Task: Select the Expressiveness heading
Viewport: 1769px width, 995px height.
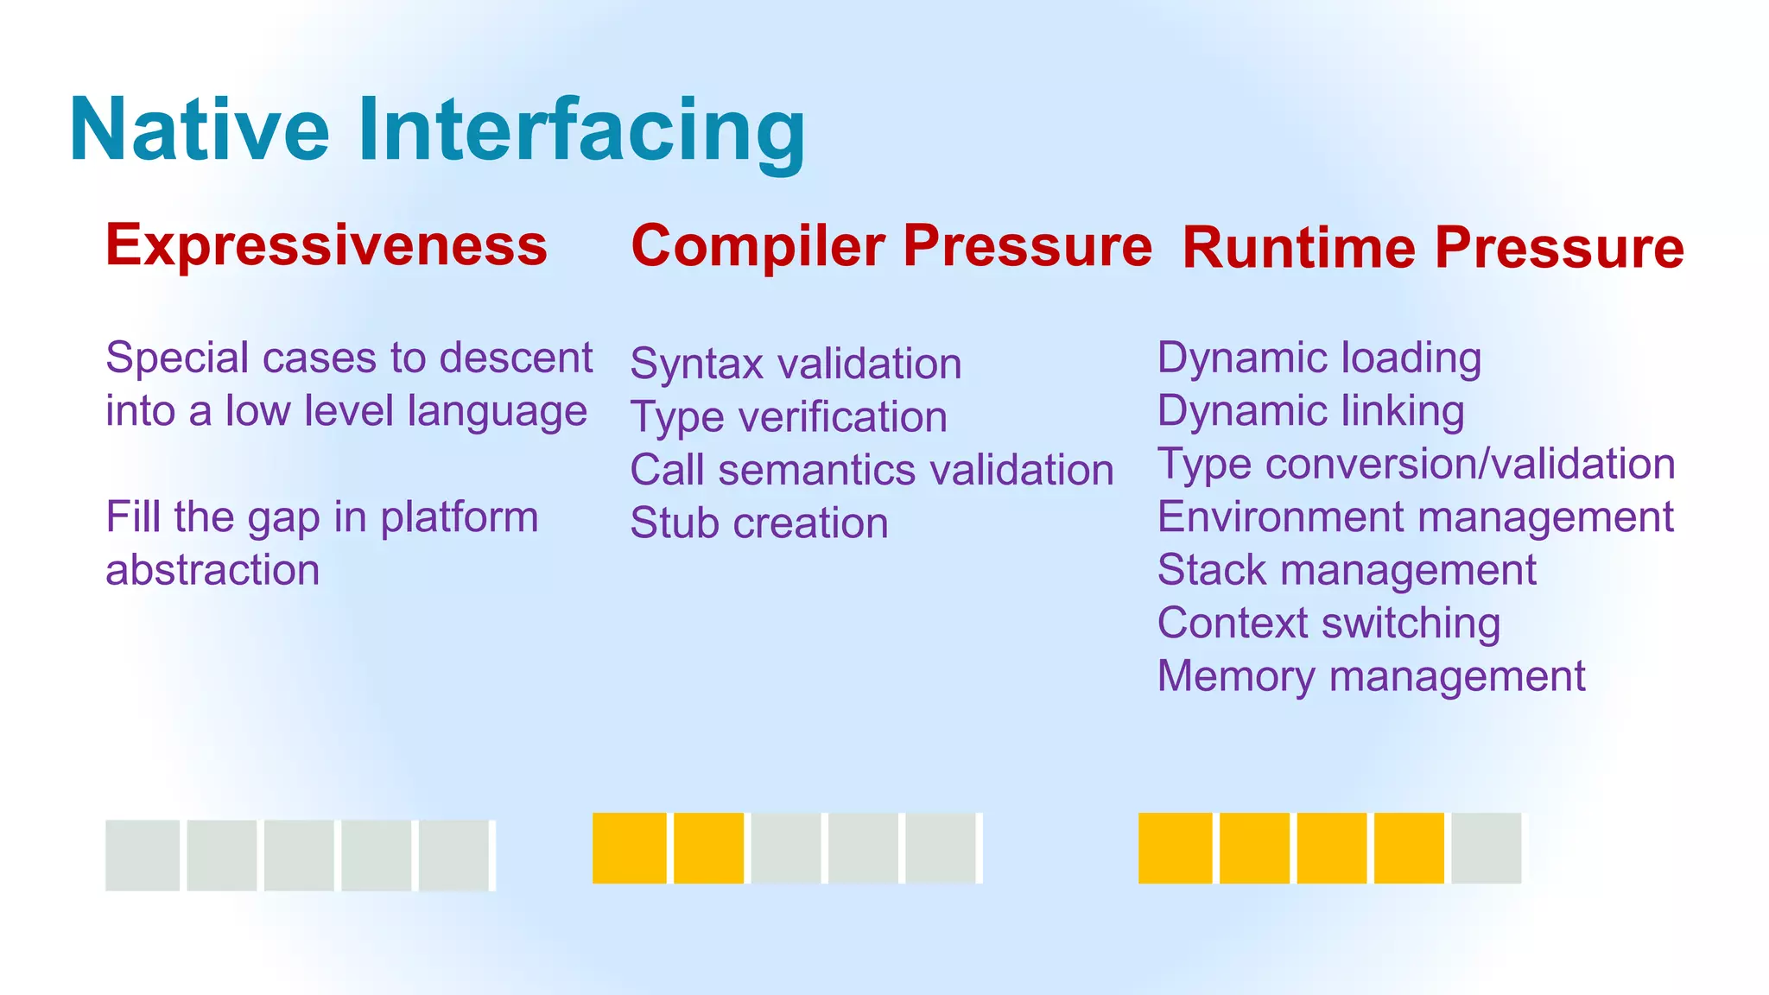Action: pyautogui.click(x=327, y=245)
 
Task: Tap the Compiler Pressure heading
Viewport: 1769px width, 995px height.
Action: pyautogui.click(x=891, y=246)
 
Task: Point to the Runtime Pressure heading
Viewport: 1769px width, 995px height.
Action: pyautogui.click(x=1432, y=249)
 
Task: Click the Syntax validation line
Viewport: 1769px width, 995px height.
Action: pyautogui.click(x=796, y=364)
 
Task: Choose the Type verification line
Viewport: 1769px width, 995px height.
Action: pyautogui.click(x=789, y=417)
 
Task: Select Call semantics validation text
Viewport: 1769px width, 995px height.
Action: pyautogui.click(x=872, y=471)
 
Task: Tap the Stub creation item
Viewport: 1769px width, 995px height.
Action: pyautogui.click(x=759, y=523)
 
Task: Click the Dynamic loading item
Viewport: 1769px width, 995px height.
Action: pyautogui.click(x=1319, y=358)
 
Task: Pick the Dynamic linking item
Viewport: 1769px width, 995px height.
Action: pyautogui.click(x=1310, y=411)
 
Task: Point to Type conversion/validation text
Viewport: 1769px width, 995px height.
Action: pyautogui.click(x=1416, y=464)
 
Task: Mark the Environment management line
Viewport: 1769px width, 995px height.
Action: pyautogui.click(x=1415, y=517)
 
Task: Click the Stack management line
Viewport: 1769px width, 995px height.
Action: pyautogui.click(x=1346, y=571)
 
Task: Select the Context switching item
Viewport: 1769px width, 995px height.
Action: pyautogui.click(x=1328, y=624)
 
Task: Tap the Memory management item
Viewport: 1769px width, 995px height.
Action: pyautogui.click(x=1371, y=676)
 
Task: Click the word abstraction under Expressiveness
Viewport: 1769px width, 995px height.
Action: pyautogui.click(x=212, y=571)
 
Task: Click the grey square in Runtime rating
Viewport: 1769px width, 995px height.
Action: pyautogui.click(x=1486, y=848)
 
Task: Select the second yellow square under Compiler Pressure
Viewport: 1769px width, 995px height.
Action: pyautogui.click(x=708, y=848)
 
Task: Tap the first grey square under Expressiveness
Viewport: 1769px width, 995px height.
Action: pyautogui.click(x=143, y=855)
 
